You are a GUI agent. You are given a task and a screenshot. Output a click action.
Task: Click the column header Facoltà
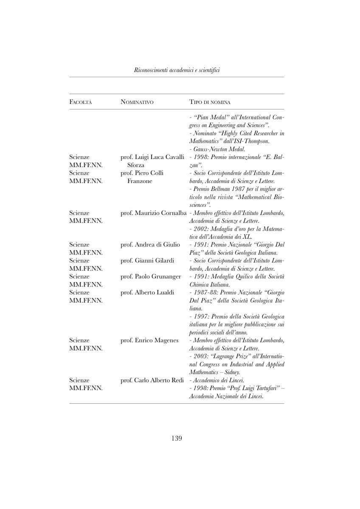[x=81, y=102]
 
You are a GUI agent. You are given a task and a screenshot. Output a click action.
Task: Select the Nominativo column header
[x=137, y=102]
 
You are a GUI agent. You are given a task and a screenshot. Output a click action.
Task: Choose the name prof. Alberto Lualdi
[x=147, y=292]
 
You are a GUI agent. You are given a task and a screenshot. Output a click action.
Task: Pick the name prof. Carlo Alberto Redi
[x=152, y=380]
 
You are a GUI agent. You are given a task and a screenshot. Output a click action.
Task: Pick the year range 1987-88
[x=204, y=292]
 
